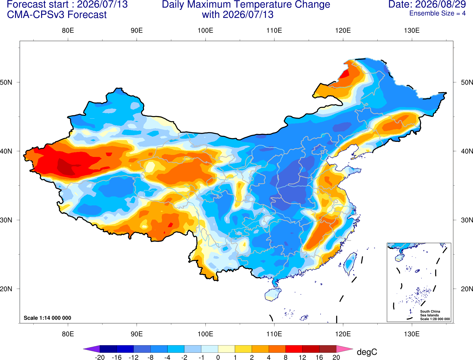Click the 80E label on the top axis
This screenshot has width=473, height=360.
pos(68,30)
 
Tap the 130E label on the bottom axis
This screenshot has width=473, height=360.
pos(412,334)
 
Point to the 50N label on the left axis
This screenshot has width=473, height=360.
pos(6,82)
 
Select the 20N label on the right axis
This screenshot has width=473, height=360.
pos(467,289)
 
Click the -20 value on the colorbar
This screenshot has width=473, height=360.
pos(100,357)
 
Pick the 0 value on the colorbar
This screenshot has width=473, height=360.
pos(218,357)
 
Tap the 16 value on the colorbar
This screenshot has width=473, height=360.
pos(319,357)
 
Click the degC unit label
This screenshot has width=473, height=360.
pos(367,352)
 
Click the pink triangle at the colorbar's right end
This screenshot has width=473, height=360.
pos(344,349)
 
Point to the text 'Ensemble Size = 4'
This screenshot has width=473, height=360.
pos(437,13)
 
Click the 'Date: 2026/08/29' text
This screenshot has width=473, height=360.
pos(427,4)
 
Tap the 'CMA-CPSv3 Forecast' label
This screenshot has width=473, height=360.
pos(57,15)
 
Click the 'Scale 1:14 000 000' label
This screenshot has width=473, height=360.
pos(48,318)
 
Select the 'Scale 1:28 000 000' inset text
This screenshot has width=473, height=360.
pos(435,319)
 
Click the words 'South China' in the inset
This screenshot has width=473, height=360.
pos(430,312)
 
